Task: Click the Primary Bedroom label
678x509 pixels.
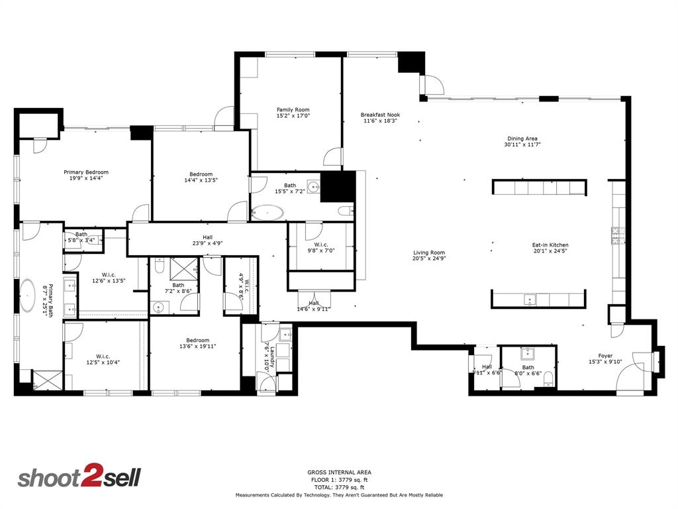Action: [86, 172]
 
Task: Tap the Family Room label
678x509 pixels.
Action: [293, 110]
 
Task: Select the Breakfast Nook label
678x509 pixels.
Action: [380, 115]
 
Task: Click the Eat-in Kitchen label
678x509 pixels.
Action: [550, 245]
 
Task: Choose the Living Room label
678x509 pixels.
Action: [429, 253]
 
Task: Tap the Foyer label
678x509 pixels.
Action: [605, 355]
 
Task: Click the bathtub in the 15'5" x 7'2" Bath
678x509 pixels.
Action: [267, 213]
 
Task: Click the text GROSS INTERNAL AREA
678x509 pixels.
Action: [339, 473]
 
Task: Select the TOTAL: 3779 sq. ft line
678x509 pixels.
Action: [339, 487]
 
